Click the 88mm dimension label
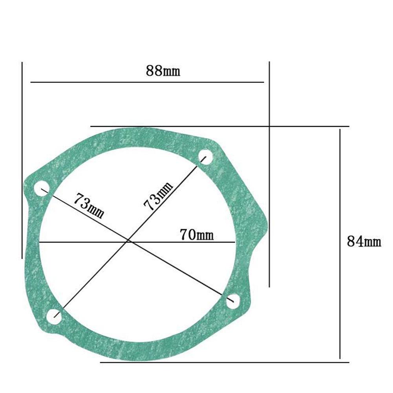[163, 71]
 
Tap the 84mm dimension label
[364, 241]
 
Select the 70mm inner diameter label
[197, 235]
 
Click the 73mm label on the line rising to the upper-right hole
[158, 196]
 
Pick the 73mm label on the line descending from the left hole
[89, 205]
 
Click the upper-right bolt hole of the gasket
[205, 157]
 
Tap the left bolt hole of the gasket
[42, 188]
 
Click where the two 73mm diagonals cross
[128, 241]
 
